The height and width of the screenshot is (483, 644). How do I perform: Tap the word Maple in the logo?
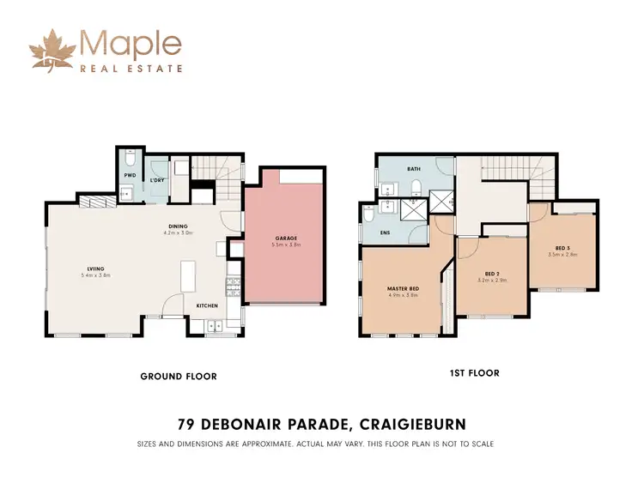[131, 43]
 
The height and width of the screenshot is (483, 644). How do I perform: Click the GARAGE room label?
[286, 238]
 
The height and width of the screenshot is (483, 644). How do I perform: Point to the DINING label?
[179, 226]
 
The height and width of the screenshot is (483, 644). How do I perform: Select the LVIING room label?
[94, 268]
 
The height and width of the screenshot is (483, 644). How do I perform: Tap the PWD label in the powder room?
[130, 175]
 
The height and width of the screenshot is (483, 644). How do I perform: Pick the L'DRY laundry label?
[157, 181]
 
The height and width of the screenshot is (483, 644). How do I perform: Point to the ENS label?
[385, 231]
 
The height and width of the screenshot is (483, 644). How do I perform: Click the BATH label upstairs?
[414, 169]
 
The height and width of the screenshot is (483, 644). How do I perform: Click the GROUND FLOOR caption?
[178, 376]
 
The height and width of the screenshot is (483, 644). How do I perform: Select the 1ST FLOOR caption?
[474, 373]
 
